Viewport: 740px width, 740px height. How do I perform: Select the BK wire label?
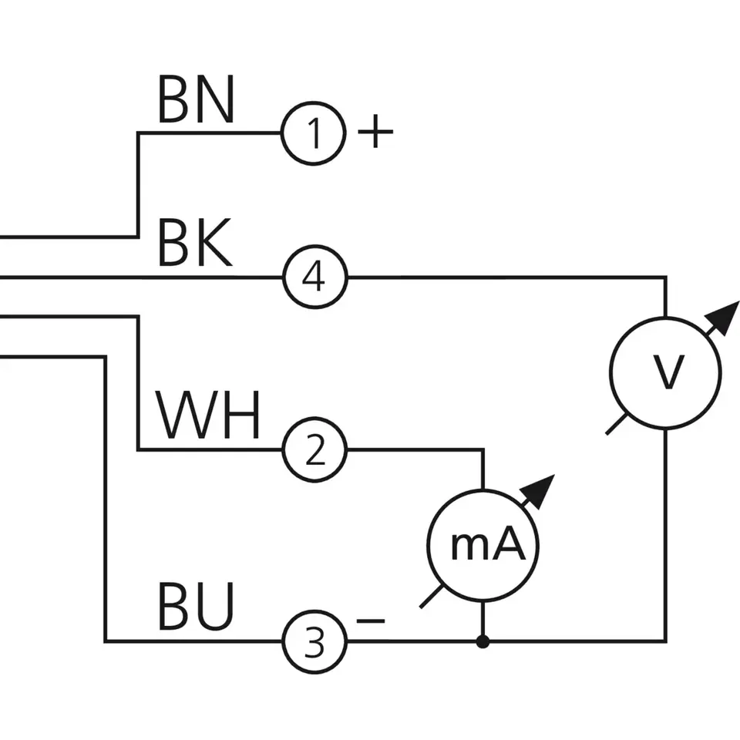pyautogui.click(x=194, y=244)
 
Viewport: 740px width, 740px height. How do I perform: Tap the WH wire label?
pyautogui.click(x=209, y=416)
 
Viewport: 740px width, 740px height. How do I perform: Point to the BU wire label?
pyautogui.click(x=196, y=607)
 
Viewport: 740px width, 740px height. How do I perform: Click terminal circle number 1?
pyautogui.click(x=313, y=133)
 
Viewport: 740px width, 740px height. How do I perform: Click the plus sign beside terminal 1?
pyautogui.click(x=375, y=133)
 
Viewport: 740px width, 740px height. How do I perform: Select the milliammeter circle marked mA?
pyautogui.click(x=483, y=547)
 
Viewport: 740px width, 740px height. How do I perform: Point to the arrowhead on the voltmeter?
pyautogui.click(x=725, y=315)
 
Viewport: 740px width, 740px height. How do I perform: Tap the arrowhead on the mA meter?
pyautogui.click(x=543, y=488)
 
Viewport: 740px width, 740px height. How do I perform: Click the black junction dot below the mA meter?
pyautogui.click(x=483, y=641)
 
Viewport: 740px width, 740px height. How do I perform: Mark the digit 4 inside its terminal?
pyautogui.click(x=314, y=277)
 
